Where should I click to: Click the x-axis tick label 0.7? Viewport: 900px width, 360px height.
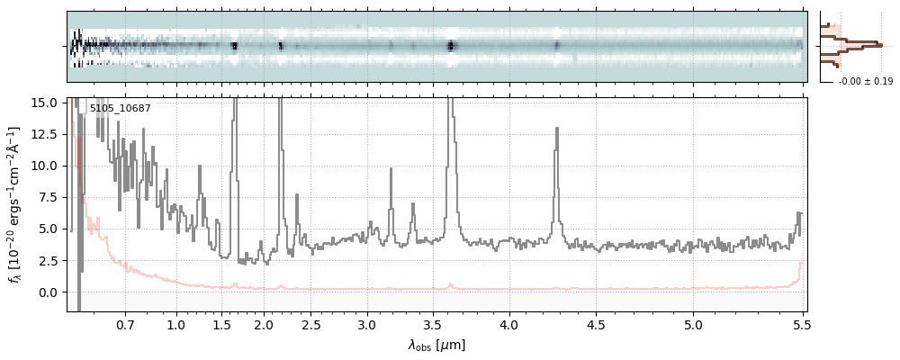coord(124,324)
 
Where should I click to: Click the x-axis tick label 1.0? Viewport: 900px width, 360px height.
coord(176,324)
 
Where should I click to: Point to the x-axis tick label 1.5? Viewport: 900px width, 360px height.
coord(221,324)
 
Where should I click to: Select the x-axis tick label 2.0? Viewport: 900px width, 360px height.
coord(264,324)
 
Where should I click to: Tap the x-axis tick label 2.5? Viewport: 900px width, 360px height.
coord(310,324)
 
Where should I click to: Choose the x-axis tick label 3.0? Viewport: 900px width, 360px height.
coord(367,324)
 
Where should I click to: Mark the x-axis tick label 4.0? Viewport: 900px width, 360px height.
coord(509,324)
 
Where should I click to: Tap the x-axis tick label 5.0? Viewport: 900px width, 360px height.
coord(694,324)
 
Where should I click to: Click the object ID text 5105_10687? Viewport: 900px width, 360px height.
coord(120,109)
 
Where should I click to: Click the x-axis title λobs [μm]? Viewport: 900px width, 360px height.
coord(436,345)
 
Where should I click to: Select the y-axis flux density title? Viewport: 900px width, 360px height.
coord(15,205)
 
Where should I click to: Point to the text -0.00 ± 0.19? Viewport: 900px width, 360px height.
coord(865,82)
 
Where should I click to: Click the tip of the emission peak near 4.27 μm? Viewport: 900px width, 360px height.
coord(556,128)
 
